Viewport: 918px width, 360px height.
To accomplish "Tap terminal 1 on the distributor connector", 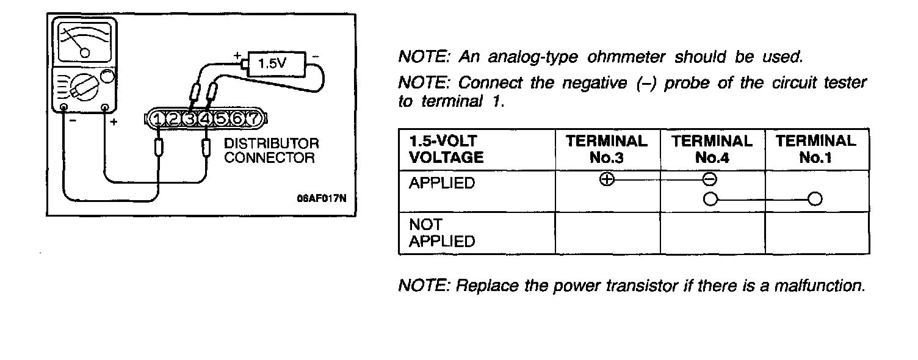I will coord(158,118).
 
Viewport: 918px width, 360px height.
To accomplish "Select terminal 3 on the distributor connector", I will coord(190,118).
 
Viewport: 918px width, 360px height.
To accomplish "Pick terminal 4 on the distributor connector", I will coord(206,118).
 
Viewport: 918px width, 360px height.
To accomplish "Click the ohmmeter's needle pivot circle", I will coord(85,53).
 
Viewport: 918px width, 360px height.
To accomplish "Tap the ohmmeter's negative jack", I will coord(64,107).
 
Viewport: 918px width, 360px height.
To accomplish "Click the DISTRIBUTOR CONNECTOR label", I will coord(272,151).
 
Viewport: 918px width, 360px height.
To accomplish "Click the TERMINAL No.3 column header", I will coord(607,149).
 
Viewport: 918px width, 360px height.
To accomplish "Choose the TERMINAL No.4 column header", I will coord(712,149).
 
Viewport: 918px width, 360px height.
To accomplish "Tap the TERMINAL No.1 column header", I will coord(816,149).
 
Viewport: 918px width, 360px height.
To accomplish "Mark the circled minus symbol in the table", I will coord(710,179).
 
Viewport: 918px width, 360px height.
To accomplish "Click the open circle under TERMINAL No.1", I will coord(815,199).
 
